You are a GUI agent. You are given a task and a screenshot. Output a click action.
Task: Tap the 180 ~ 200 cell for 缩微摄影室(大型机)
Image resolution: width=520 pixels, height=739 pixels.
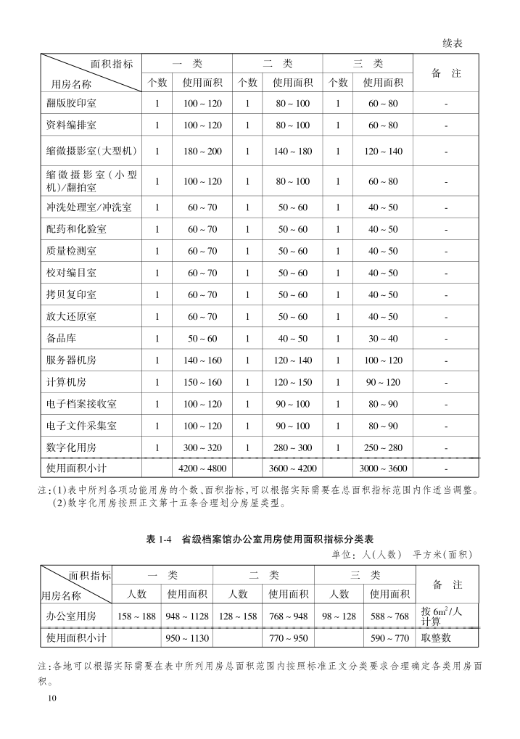point(202,152)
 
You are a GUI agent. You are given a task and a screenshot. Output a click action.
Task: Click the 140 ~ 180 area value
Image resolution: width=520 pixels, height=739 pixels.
point(292,152)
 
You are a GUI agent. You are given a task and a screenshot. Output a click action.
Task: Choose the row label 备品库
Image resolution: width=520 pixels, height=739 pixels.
point(62,339)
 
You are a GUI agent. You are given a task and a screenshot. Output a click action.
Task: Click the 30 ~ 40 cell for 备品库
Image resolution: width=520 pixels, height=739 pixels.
point(382,339)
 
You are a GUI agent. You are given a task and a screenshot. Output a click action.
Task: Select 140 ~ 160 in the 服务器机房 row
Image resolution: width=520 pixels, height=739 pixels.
point(202,360)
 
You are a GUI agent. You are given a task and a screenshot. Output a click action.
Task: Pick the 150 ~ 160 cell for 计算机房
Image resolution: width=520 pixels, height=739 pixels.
point(202,382)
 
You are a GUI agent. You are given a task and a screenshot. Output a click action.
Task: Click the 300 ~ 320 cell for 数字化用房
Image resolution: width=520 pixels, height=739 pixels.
point(202,447)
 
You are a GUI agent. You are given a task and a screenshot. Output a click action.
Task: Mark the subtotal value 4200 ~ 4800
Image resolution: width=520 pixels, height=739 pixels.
point(202,468)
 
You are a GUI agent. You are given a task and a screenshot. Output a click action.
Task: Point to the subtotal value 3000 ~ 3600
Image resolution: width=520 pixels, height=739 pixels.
point(382,468)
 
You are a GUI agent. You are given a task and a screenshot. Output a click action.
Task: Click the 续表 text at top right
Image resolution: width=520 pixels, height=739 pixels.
point(453,44)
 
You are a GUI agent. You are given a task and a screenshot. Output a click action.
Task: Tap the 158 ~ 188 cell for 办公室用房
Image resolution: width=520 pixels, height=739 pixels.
point(137,616)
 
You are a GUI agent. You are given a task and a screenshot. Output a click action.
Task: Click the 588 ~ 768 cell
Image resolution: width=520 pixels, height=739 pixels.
point(389,616)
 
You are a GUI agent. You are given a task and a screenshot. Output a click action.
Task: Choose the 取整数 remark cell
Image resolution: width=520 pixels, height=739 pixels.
point(436,638)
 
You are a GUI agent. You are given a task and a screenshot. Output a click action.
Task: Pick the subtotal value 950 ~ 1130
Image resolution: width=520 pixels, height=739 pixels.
point(187,638)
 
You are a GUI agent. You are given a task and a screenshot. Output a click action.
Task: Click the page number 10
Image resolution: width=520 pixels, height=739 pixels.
point(50,698)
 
